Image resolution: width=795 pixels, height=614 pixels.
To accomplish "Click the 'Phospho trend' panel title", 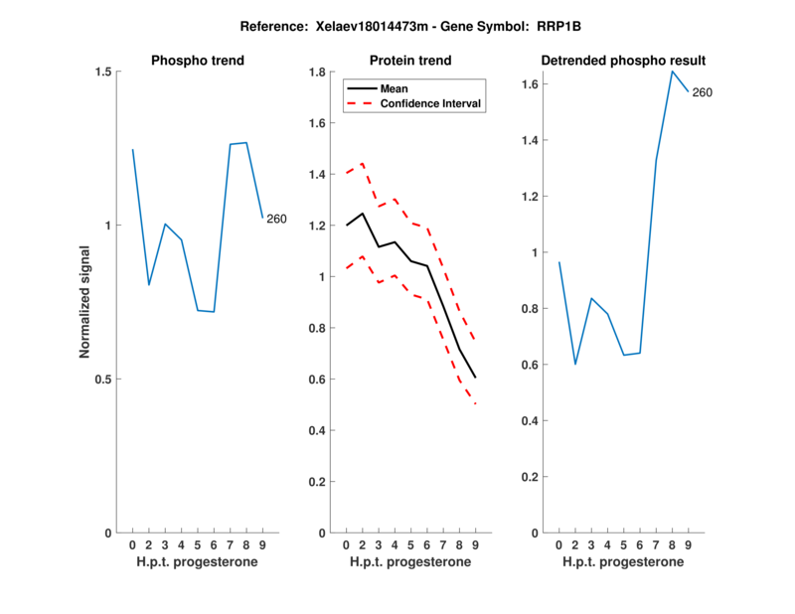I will pos(198,61).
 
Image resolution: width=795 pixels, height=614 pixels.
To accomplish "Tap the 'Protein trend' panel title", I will pos(410,61).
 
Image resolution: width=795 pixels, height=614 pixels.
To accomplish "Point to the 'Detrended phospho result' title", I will pos(623,61).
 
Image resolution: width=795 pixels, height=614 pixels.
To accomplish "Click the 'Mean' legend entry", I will pos(395,88).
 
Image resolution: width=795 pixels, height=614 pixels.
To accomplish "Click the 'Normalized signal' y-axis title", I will pos(85,302).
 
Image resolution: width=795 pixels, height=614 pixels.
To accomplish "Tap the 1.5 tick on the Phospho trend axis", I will pos(100,72).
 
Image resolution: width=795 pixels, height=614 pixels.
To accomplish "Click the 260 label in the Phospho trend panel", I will pos(276,219).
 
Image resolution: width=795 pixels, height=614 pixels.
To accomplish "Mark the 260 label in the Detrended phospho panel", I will pos(702,93).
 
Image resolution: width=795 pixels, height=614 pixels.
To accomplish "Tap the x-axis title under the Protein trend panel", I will pos(410,562).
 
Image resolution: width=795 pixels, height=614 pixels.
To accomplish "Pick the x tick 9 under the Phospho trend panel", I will pos(262,544).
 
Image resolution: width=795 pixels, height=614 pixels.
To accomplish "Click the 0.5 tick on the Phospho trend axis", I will pos(100,379).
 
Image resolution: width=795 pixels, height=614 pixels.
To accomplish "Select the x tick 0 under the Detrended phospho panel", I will pos(558,544).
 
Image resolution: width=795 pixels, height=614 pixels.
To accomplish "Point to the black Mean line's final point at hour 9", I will pos(475,378).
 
